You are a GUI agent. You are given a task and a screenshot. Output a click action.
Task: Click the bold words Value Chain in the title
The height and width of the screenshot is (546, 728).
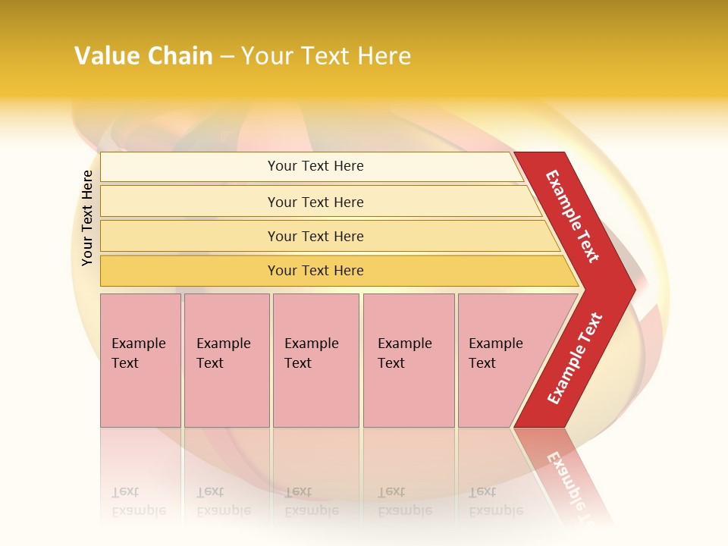tap(143, 56)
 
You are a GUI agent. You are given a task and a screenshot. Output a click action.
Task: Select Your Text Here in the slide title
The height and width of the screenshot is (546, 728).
tap(326, 56)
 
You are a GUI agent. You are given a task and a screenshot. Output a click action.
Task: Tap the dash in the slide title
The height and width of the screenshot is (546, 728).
tap(226, 57)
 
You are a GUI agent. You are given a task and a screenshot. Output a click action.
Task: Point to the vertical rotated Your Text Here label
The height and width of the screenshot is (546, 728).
tap(87, 218)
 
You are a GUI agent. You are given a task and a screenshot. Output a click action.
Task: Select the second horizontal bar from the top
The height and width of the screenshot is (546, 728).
tap(315, 202)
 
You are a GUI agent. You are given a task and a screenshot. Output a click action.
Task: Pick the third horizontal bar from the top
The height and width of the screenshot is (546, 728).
tap(315, 236)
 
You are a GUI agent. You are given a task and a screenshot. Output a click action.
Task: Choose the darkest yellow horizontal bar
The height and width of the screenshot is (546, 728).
tap(315, 271)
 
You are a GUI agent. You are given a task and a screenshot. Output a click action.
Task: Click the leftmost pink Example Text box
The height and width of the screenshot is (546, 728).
tap(140, 360)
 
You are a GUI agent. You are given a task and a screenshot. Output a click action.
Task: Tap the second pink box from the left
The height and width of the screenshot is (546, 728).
tap(227, 360)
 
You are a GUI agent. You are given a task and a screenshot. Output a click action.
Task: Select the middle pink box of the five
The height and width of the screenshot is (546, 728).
tap(315, 360)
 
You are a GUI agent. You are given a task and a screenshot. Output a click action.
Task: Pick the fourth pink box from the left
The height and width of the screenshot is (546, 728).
tap(409, 360)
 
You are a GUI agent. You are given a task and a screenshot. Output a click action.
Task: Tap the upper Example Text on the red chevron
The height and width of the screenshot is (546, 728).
tap(573, 216)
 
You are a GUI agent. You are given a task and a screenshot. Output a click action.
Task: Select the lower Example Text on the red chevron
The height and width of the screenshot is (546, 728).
tap(575, 358)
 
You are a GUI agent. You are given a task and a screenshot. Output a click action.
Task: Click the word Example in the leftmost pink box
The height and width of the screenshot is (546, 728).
tap(139, 344)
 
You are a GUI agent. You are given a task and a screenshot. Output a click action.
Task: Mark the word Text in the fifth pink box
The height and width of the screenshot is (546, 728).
tap(482, 363)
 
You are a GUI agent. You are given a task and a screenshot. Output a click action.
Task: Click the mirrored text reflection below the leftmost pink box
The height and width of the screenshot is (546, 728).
tap(138, 502)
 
